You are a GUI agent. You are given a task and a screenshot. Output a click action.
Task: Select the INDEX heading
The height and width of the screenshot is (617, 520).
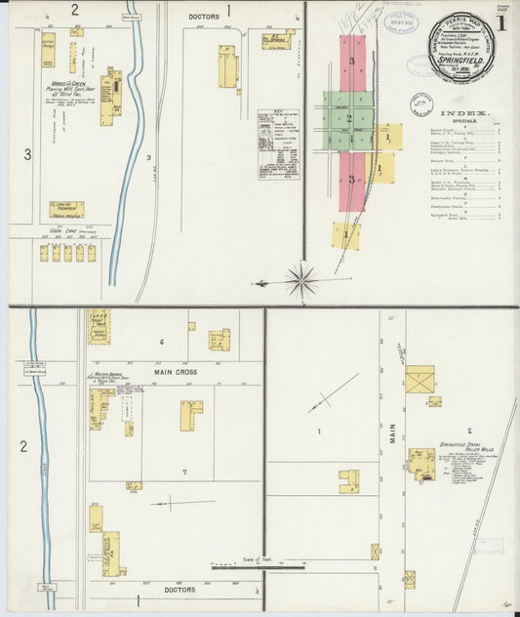click(464, 114)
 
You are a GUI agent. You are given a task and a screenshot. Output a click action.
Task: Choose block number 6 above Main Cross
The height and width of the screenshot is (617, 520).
click(161, 342)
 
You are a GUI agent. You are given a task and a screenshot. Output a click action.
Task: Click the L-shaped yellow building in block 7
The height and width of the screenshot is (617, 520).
click(190, 414)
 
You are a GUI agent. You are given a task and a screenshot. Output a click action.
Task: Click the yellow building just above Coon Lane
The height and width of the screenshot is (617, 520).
click(66, 209)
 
